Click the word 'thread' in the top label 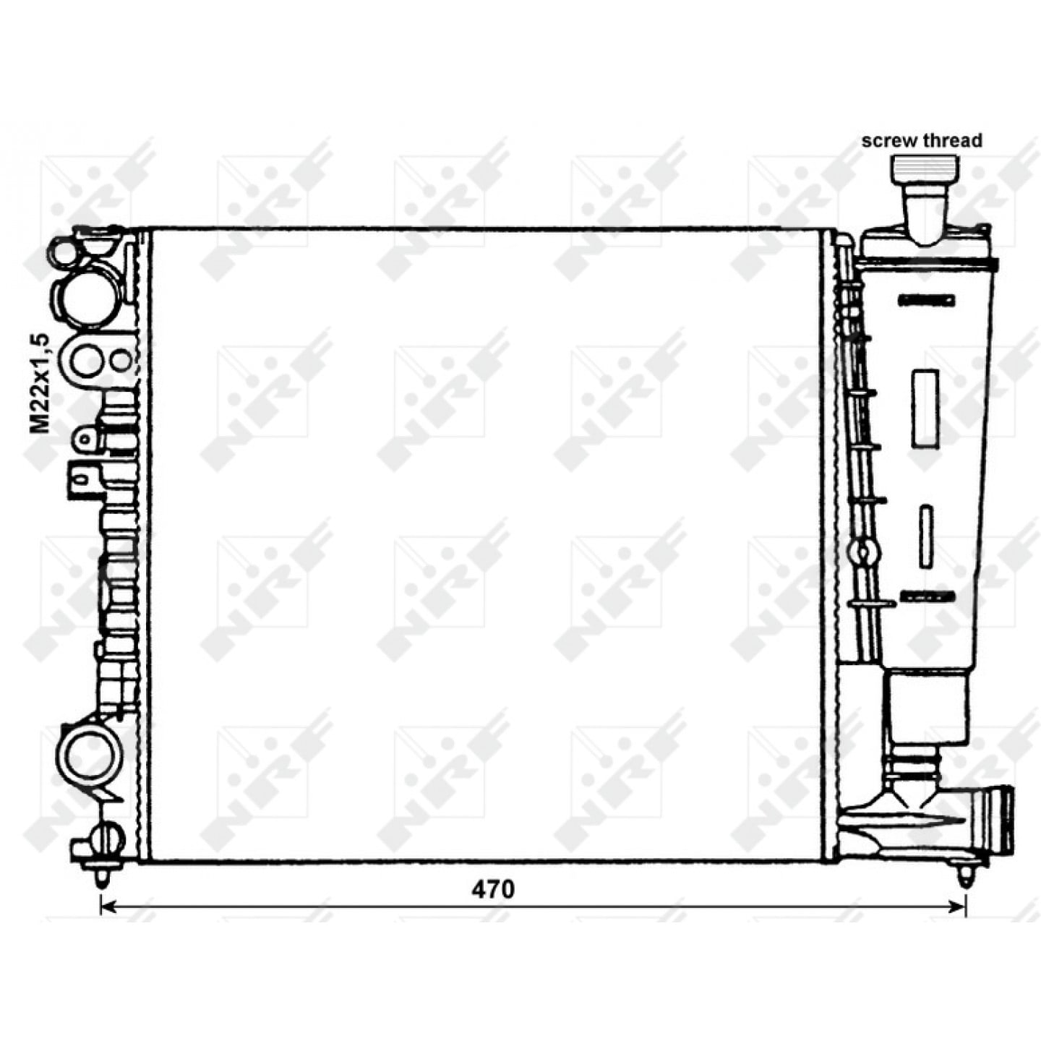(x=952, y=140)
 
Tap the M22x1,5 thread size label (x=40, y=384)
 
